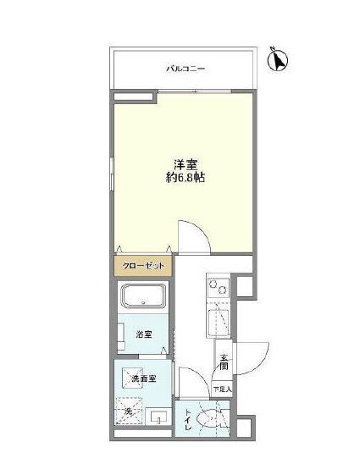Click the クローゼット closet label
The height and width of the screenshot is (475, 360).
coord(144,266)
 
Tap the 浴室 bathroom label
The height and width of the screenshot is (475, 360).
coord(144,334)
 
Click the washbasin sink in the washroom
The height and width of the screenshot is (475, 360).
coord(158,417)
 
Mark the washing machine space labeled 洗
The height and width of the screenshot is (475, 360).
coord(129,411)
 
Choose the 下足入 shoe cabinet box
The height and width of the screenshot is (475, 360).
coord(222,389)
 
